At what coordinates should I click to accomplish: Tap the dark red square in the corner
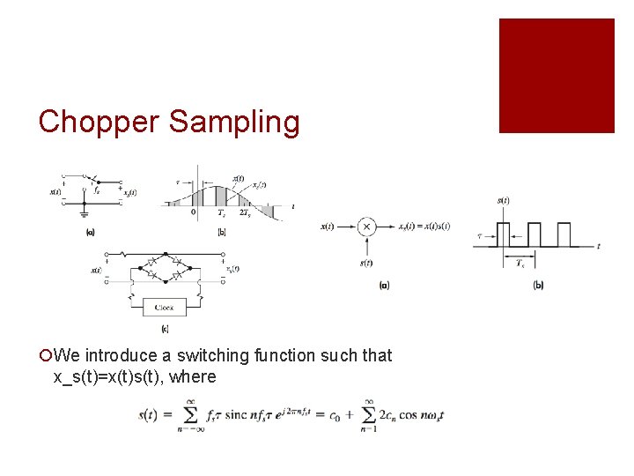pos(557,76)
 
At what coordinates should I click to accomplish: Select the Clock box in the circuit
pos(165,308)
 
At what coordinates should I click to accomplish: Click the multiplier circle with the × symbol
pos(366,227)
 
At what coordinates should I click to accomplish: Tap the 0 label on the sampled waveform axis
pos(194,212)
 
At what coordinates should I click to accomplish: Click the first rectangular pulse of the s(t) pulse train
pos(503,234)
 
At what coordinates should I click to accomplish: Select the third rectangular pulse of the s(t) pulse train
pos(563,234)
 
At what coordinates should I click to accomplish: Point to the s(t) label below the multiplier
pos(366,262)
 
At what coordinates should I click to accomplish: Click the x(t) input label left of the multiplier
pos(326,227)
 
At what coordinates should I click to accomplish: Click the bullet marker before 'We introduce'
pos(45,356)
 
